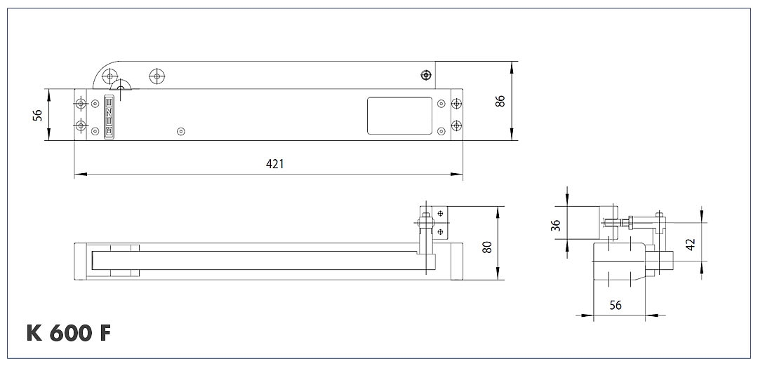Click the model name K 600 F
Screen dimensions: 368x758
(x=69, y=333)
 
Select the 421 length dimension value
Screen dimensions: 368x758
(x=274, y=164)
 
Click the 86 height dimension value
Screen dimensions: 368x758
(x=500, y=100)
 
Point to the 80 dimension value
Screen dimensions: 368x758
(x=487, y=247)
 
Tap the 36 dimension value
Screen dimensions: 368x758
(x=556, y=225)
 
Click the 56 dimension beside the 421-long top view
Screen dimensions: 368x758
(x=38, y=115)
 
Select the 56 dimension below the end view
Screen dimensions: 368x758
(x=615, y=306)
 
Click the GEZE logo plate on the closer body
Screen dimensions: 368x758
(x=109, y=116)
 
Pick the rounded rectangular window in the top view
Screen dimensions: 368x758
(x=399, y=115)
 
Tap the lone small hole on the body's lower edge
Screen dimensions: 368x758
(x=181, y=131)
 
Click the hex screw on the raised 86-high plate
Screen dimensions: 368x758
(x=425, y=76)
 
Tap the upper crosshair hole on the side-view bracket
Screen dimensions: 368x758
(x=440, y=212)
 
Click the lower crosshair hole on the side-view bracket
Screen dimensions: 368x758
(x=440, y=231)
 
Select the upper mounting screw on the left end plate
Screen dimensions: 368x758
(x=81, y=104)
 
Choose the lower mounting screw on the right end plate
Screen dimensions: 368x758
(x=456, y=126)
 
